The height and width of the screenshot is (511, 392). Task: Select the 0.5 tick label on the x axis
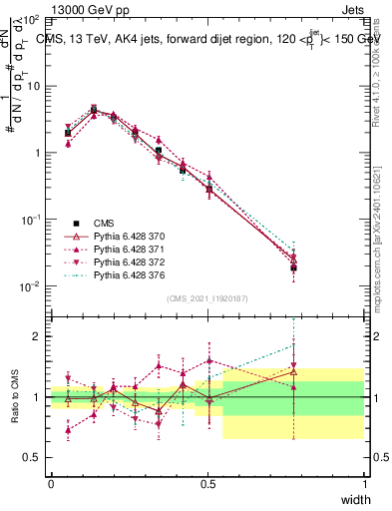[207, 483]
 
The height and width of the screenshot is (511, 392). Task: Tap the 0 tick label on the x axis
[51, 483]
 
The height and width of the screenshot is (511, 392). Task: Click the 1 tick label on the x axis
[365, 483]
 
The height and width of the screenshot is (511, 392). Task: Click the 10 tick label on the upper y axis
[32, 86]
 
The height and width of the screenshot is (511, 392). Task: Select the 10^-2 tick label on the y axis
[30, 286]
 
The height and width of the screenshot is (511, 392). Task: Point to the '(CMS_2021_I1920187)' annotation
[207, 297]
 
